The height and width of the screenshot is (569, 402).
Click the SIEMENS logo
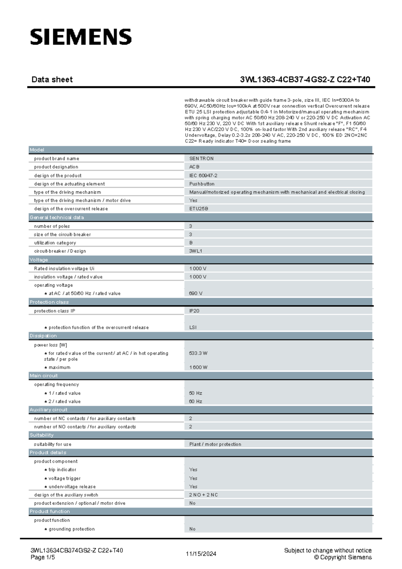coord(81,37)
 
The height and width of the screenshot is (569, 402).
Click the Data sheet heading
coord(52,79)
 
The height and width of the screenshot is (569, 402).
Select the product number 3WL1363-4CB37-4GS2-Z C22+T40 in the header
coord(305,79)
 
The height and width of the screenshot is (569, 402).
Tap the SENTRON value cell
coord(201,159)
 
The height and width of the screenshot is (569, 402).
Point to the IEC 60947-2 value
coord(203,175)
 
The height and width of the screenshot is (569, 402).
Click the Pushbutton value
coord(202,184)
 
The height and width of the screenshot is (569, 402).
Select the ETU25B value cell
coord(199,208)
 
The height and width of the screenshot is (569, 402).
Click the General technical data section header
coord(57,217)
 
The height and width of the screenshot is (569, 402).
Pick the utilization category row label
coord(55,243)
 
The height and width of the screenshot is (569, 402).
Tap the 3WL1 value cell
coord(196,251)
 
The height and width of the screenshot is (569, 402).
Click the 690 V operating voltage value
coord(196,293)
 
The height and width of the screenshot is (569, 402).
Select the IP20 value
coord(194,311)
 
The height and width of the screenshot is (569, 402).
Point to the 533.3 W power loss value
coord(198,353)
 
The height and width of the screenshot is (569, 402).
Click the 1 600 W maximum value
coord(198,367)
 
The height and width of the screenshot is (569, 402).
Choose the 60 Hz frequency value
coord(196,401)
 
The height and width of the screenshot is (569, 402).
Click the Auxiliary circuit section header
coord(49,409)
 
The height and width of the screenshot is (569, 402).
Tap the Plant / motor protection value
coord(215,444)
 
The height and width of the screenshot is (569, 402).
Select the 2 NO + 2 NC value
coord(203,495)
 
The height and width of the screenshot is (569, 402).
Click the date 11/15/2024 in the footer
coord(201,554)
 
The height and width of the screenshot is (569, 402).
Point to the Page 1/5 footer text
coord(43,557)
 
